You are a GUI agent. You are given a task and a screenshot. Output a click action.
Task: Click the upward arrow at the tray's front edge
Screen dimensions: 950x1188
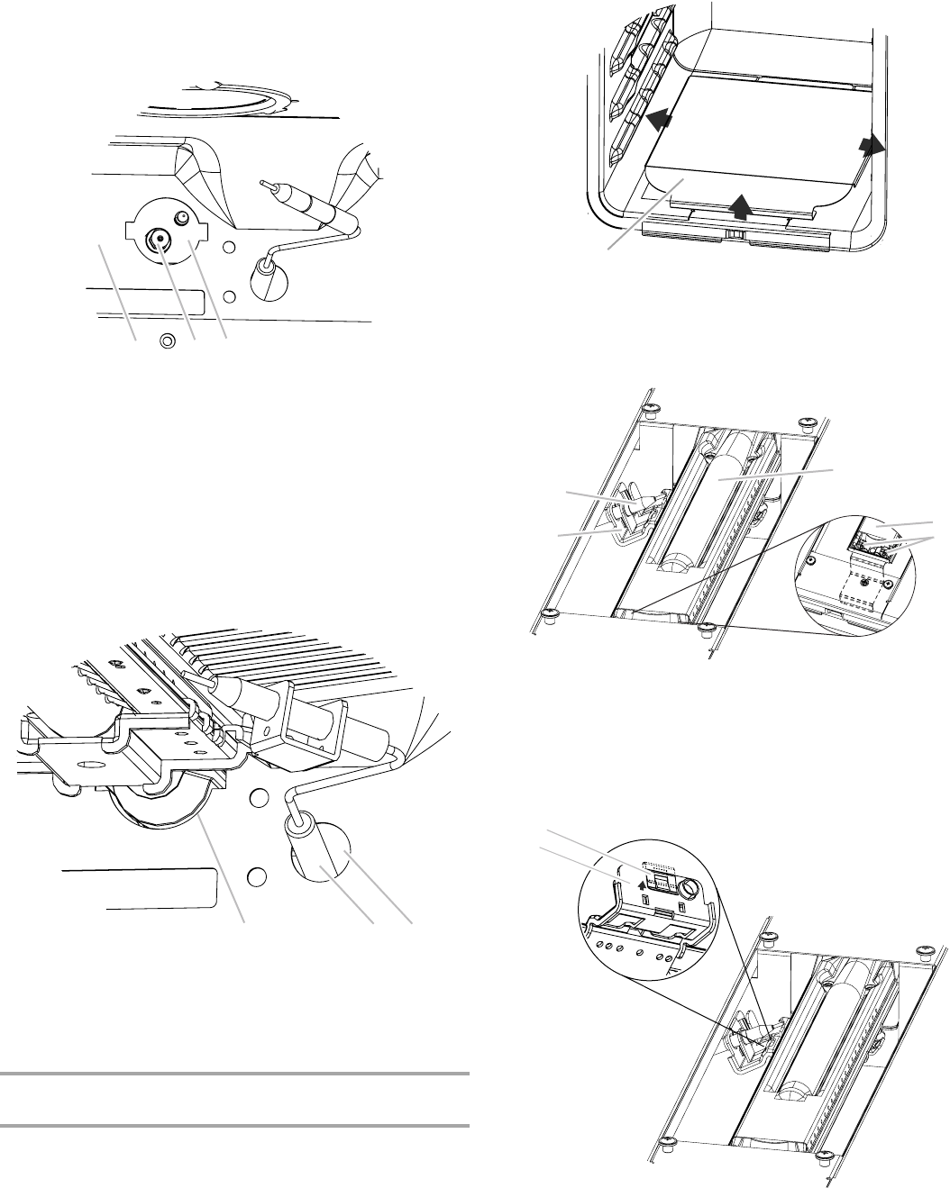[741, 205]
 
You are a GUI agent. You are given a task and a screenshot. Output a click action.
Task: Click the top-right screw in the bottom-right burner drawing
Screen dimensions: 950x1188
[925, 951]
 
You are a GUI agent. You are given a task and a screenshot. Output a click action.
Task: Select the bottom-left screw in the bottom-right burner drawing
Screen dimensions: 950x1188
[668, 1145]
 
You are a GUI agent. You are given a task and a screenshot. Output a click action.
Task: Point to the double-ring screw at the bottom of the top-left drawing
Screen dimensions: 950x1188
[166, 341]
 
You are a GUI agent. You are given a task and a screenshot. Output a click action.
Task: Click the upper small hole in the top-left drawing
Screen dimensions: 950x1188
[230, 248]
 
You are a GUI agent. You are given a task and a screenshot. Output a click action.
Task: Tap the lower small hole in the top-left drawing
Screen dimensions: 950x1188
[230, 295]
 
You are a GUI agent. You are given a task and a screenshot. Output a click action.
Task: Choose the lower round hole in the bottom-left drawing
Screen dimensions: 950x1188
[255, 875]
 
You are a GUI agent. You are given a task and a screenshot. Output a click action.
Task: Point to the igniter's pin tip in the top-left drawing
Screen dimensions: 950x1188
[263, 182]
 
